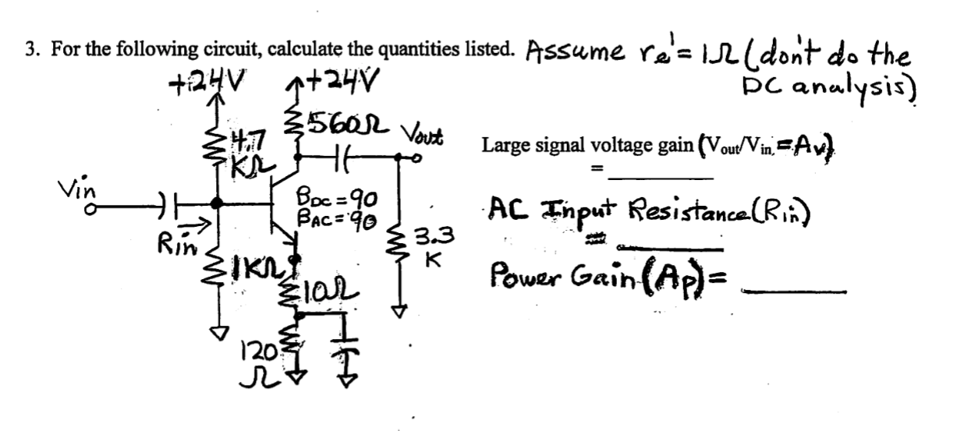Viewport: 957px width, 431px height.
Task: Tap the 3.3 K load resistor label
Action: [431, 242]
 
